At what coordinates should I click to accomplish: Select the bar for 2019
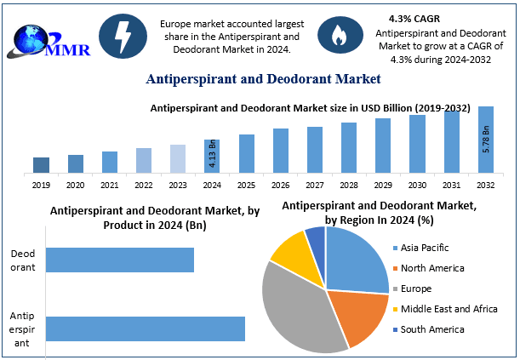(x=41, y=164)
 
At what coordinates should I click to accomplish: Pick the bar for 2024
(x=212, y=156)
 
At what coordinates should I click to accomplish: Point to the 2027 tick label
(x=314, y=184)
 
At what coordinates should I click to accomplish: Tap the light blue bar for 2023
(x=178, y=158)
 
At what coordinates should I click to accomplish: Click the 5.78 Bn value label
(x=486, y=139)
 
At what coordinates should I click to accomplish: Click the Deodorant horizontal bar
(x=120, y=260)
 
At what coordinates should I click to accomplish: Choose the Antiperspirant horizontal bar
(x=146, y=329)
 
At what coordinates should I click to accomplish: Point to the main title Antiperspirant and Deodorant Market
(x=263, y=79)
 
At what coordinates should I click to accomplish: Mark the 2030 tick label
(x=417, y=184)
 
